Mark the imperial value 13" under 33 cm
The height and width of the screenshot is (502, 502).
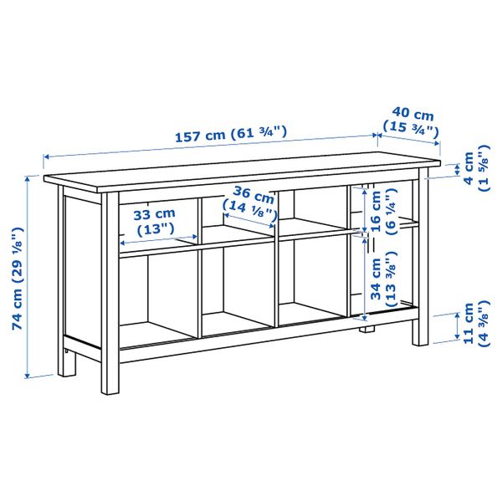(x=156, y=228)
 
